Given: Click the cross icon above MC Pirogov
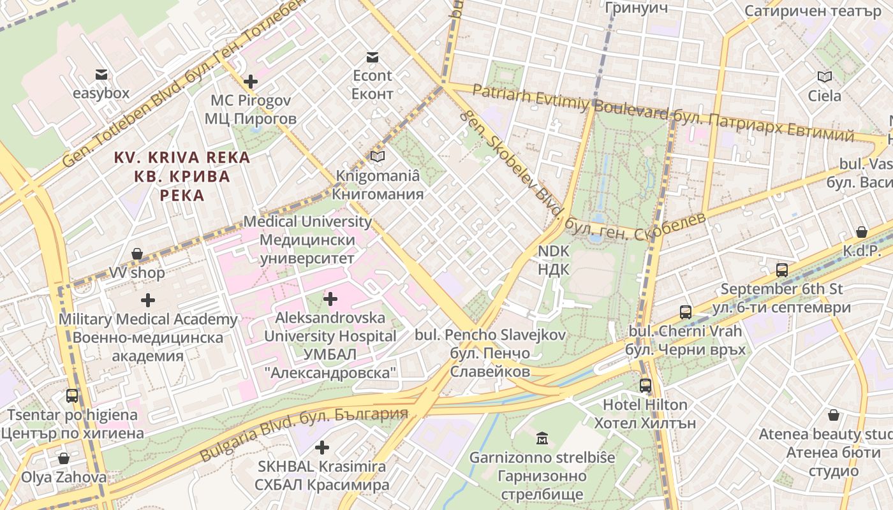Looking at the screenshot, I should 251,82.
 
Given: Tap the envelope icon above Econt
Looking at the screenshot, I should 373,57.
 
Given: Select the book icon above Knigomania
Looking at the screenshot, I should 378,156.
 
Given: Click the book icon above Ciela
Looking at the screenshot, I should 825,77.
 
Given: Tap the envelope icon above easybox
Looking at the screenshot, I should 101,75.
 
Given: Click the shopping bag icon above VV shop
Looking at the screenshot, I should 137,254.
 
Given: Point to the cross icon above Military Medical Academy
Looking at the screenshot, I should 148,300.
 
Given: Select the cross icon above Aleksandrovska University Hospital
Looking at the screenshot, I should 330,298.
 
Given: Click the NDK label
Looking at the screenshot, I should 553,260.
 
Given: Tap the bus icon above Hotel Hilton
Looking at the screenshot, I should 646,385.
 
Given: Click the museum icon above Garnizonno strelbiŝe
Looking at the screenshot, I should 542,438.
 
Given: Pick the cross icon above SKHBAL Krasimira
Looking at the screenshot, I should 322,448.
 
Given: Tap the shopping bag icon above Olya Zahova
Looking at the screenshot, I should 63,458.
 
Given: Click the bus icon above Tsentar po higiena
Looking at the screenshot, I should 72,396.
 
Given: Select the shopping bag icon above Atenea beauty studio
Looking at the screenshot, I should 833,416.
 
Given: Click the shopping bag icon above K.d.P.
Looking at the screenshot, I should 861,232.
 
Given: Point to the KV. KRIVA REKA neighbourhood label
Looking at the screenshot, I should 182,175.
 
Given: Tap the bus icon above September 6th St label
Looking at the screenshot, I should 782,270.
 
